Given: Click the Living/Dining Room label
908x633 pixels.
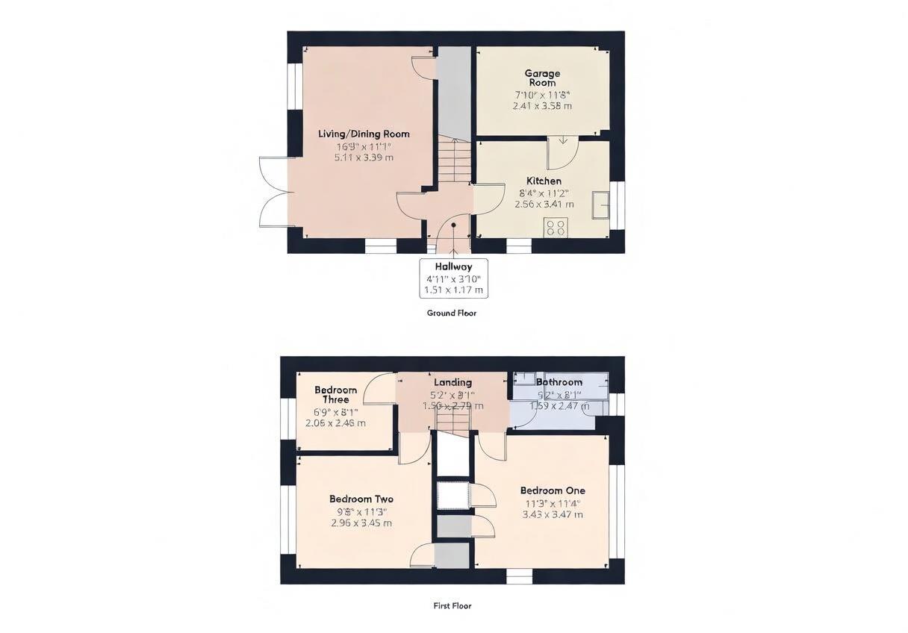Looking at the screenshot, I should click(x=364, y=134).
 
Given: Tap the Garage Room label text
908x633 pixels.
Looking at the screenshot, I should click(x=542, y=78).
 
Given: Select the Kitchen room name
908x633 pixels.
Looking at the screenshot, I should click(x=544, y=181).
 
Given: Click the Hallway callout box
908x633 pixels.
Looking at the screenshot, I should click(x=453, y=278).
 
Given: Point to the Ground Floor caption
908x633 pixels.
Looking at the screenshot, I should click(x=451, y=314).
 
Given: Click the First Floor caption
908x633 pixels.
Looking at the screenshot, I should click(x=452, y=606).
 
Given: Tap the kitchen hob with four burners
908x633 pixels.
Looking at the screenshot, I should click(x=556, y=228).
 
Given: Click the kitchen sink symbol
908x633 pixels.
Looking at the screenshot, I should click(x=600, y=205).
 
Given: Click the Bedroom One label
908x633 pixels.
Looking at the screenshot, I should click(x=553, y=491).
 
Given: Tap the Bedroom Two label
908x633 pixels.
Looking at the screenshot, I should click(x=361, y=499).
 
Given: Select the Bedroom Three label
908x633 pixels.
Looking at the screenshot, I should click(x=335, y=395).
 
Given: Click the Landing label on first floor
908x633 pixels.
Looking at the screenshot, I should click(x=453, y=383).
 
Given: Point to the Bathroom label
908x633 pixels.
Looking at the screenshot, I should click(x=559, y=382).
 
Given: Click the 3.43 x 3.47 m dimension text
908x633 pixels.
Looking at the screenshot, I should click(x=553, y=515).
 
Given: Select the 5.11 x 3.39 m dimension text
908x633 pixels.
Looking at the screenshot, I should click(x=364, y=158).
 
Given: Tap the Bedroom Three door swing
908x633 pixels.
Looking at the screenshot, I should click(x=381, y=390).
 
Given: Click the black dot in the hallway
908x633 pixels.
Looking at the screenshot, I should click(x=453, y=225).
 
